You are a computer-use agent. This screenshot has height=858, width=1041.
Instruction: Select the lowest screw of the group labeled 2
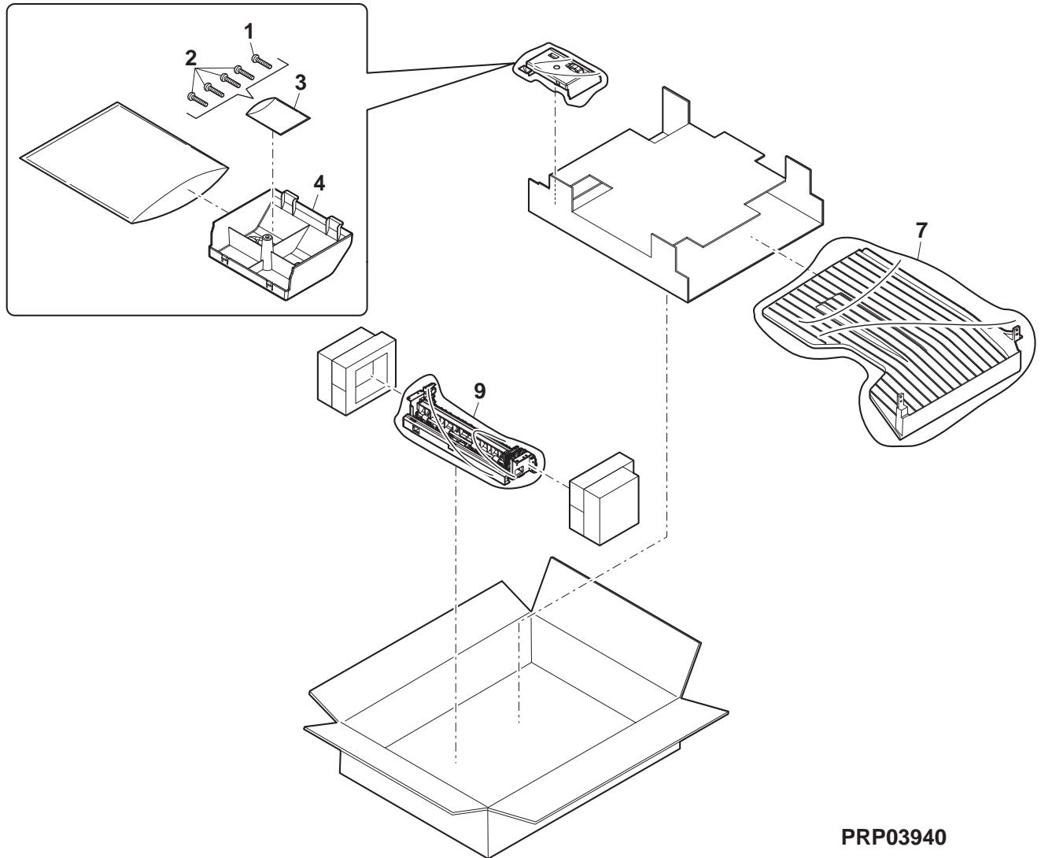pyautogui.click(x=196, y=98)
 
